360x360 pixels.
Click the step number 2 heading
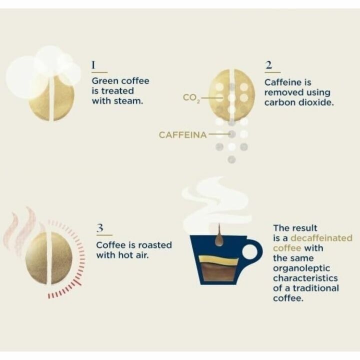point(269,65)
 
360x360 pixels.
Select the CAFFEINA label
point(182,134)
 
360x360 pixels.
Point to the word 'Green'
point(105,80)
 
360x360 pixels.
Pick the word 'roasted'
point(154,245)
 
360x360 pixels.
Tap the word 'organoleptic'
point(298,268)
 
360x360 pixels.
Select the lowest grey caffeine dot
point(231,159)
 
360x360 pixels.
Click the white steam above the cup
point(215,200)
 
